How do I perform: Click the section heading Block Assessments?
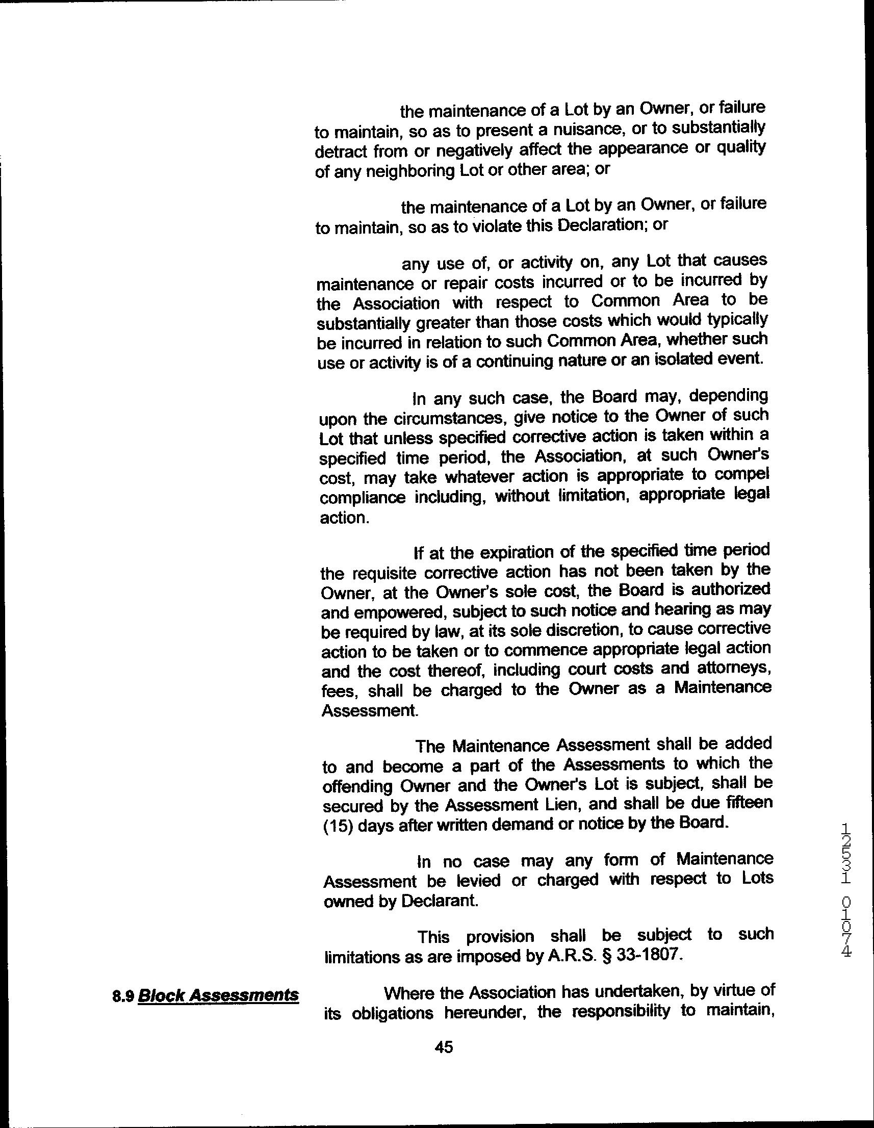218,995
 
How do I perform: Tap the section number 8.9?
123,996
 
